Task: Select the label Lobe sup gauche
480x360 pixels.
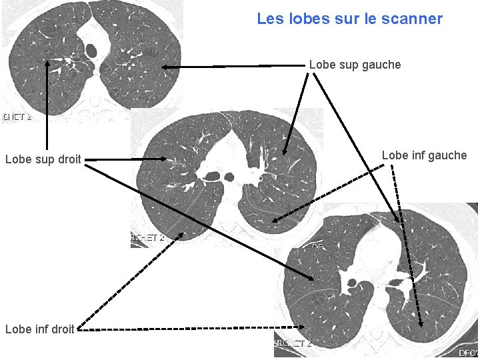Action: click(x=355, y=65)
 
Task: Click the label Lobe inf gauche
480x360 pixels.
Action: click(x=424, y=155)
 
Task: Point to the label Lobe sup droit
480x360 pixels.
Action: click(x=43, y=159)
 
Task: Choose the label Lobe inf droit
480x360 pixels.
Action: click(x=39, y=329)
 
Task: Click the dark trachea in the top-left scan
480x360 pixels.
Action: click(x=91, y=49)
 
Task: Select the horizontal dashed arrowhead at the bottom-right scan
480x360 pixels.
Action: click(x=301, y=327)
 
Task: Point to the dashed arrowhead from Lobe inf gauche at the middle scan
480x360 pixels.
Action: click(x=275, y=219)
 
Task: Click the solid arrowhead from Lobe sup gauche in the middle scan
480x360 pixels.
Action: click(x=285, y=152)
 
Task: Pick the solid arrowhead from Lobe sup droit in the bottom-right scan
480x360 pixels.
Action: click(x=312, y=279)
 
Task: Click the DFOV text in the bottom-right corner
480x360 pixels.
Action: click(x=469, y=352)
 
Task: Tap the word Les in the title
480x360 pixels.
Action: click(x=270, y=19)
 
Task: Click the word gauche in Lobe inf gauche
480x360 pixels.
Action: click(x=448, y=155)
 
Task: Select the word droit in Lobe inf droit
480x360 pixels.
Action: click(x=62, y=329)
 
